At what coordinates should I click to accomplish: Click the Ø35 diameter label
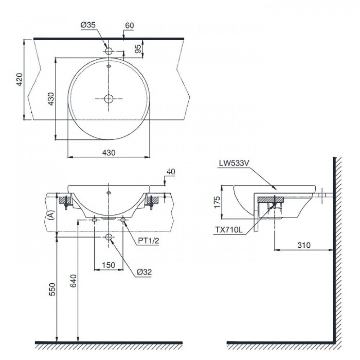click(x=88, y=25)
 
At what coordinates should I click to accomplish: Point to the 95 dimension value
click(x=138, y=49)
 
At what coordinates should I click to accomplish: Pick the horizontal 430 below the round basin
click(x=108, y=153)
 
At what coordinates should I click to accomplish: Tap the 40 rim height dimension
click(x=171, y=172)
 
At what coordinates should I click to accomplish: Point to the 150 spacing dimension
click(x=108, y=265)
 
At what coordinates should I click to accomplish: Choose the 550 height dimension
click(x=51, y=290)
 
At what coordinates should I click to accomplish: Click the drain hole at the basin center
click(x=109, y=99)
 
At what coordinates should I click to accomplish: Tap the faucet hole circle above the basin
click(x=109, y=51)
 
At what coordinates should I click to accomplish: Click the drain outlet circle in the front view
click(x=109, y=237)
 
